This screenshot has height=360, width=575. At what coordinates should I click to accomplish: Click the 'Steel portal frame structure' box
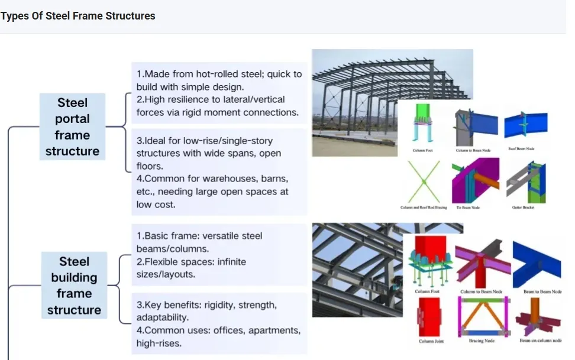coord(72,127)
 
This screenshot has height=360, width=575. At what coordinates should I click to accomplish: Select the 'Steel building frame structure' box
coord(74,286)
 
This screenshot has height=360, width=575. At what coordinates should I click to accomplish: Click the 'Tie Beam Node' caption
coord(467,207)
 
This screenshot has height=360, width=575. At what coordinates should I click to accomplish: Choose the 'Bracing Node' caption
coord(482,341)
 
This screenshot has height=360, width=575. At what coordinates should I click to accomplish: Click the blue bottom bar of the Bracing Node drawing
coord(482,332)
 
